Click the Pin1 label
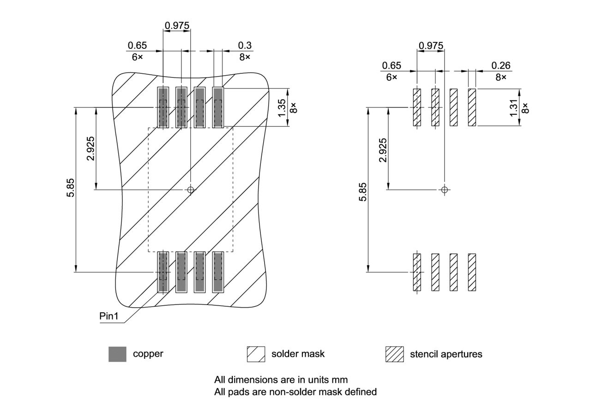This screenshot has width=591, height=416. tap(109, 316)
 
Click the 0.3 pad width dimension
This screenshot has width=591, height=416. tap(245, 45)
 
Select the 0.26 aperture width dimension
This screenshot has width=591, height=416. tap(501, 66)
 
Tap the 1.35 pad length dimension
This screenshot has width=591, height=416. tap(282, 107)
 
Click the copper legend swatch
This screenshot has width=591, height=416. tap(117, 354)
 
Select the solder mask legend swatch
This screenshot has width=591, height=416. tap(256, 354)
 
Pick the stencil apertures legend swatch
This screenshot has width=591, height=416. tap(394, 354)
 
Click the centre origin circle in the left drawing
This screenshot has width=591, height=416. tap(190, 190)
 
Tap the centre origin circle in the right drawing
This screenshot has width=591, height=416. tap(445, 190)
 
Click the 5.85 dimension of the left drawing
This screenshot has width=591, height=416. tap(71, 190)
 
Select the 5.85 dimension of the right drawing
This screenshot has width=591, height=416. tap(363, 191)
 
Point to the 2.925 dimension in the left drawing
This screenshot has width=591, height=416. tap(90, 149)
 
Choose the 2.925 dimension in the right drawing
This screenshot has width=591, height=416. tap(383, 150)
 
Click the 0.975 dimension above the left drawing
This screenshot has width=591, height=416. tap(177, 26)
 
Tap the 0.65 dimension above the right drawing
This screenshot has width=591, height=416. tap(392, 66)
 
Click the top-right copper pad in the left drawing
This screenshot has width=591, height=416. tap(218, 107)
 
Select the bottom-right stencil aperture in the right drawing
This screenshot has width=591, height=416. tap(472, 272)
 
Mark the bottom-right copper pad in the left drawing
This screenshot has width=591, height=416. tap(218, 272)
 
